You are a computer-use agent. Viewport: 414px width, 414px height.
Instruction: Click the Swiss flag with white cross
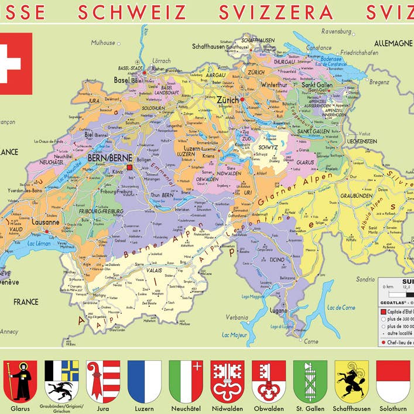[15, 63]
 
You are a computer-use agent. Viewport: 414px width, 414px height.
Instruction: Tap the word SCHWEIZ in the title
[132, 12]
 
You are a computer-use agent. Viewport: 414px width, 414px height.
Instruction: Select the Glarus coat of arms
[20, 381]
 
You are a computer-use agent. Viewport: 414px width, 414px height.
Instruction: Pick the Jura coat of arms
[103, 381]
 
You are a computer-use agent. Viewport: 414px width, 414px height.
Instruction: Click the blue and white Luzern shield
[144, 381]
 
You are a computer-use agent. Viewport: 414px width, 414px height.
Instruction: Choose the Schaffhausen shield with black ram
[351, 381]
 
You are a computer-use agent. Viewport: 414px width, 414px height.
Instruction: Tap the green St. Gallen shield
[310, 381]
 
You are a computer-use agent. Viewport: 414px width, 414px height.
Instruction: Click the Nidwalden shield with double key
[227, 381]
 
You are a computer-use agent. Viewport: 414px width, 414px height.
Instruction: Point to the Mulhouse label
[103, 43]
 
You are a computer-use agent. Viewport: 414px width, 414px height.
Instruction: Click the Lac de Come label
[341, 307]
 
